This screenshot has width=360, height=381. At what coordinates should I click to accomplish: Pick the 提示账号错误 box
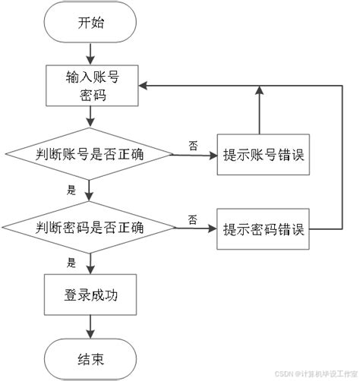[264, 155]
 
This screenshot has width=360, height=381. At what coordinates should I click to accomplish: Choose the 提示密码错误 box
[264, 227]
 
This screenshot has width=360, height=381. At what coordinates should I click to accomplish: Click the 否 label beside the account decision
[194, 144]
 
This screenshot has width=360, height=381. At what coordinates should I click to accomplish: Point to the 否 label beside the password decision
[193, 219]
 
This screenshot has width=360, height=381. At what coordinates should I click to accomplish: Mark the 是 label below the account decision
[72, 190]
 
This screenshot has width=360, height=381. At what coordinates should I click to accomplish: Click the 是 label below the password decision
[72, 263]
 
